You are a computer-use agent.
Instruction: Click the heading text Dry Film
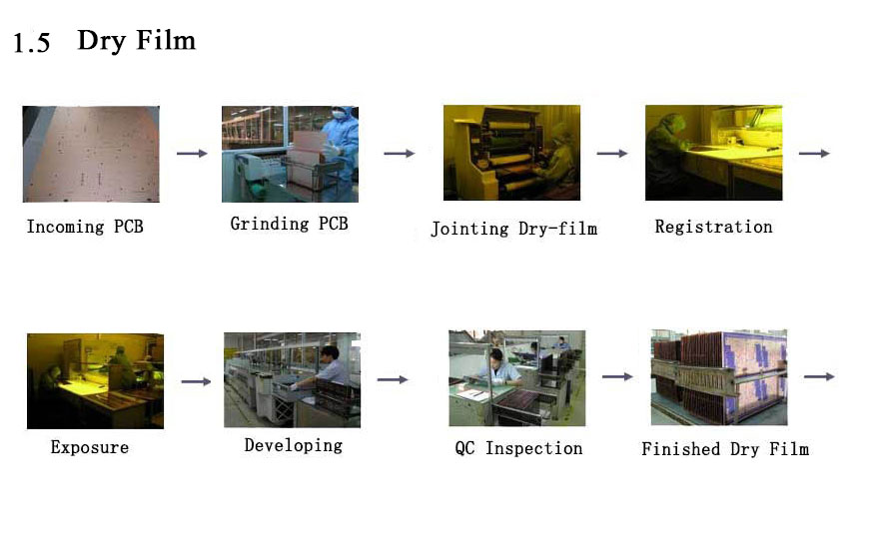(137, 40)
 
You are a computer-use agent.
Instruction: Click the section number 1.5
(31, 43)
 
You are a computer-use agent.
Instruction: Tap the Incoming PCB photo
(91, 154)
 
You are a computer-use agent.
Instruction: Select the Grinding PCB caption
(289, 224)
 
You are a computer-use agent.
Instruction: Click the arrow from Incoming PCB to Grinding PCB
(192, 153)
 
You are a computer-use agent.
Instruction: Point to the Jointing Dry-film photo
(511, 153)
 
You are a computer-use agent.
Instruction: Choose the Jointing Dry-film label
(514, 229)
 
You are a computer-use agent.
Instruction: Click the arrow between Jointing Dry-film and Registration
(612, 153)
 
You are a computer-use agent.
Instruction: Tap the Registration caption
(713, 227)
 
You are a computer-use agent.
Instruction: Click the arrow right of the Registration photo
(814, 153)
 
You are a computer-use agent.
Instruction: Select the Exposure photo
(95, 381)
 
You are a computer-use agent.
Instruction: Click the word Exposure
(90, 447)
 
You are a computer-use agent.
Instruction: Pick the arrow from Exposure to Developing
(197, 381)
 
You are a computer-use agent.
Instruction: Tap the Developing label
(294, 445)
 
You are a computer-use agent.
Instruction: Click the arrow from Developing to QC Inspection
(393, 379)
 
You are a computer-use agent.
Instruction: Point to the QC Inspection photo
(516, 378)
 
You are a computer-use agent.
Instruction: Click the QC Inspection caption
(518, 448)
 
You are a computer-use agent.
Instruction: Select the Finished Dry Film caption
(725, 449)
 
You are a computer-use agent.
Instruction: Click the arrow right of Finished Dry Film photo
(819, 376)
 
